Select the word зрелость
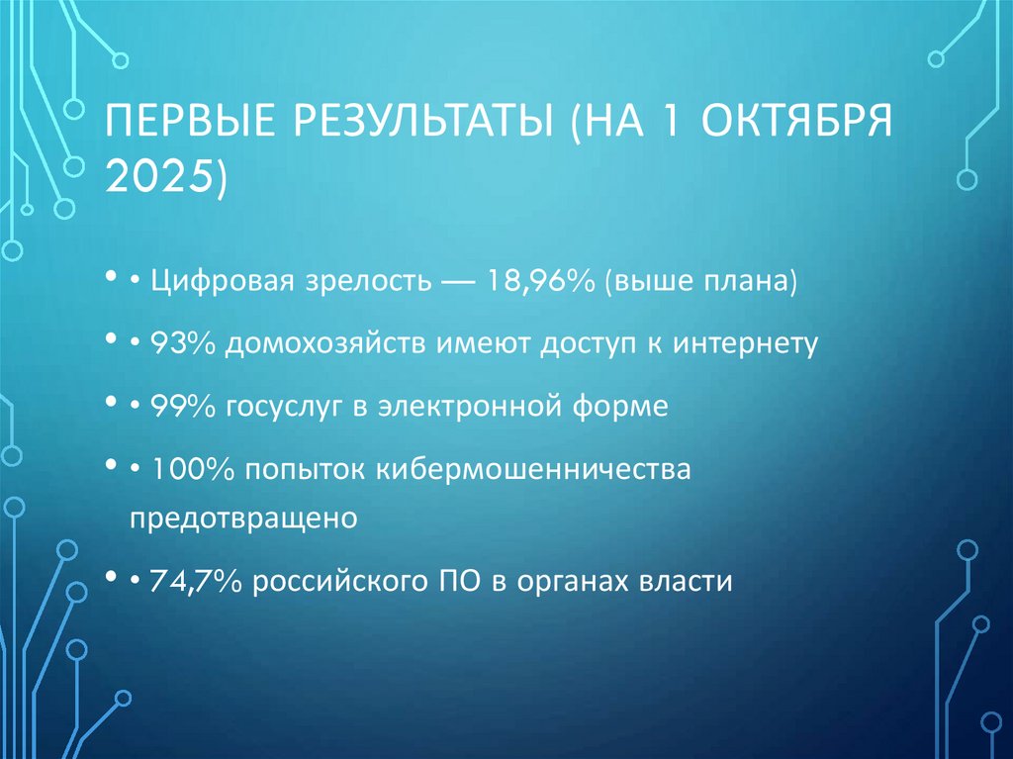click(x=360, y=281)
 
